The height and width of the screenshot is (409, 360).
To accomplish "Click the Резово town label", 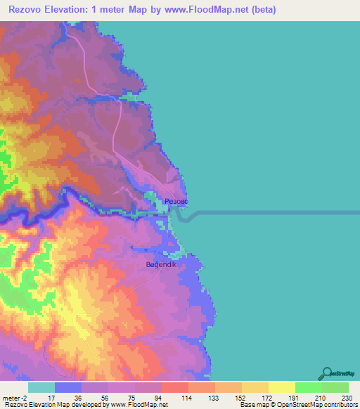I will pos(176,202).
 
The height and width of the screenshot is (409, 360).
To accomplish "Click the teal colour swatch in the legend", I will pos(41,387).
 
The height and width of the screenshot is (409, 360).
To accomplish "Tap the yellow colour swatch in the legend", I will pos(282,387).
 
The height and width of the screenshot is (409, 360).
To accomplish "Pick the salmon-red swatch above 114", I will pos(175,387).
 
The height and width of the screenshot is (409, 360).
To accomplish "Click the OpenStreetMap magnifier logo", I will pos(328,372).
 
